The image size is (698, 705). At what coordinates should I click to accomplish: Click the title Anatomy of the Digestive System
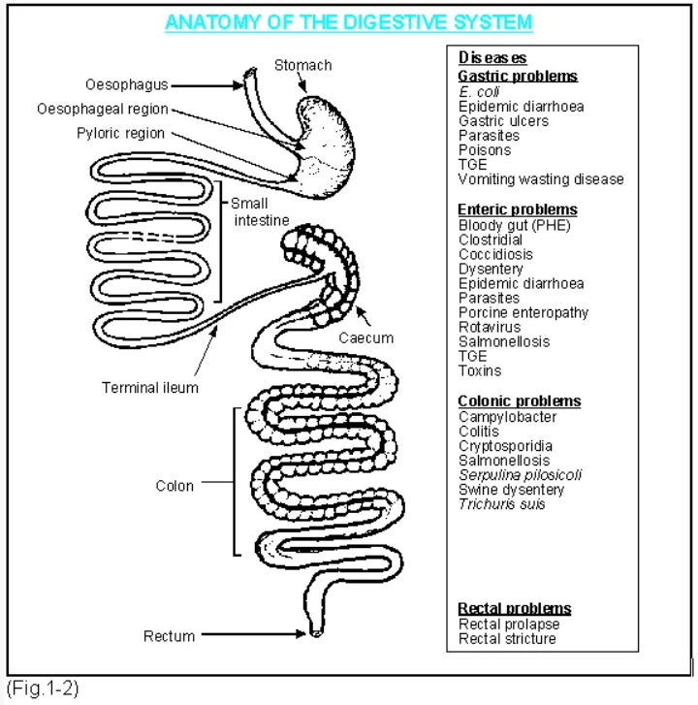pyautogui.click(x=348, y=21)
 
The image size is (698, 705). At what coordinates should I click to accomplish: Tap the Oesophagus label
pyautogui.click(x=126, y=85)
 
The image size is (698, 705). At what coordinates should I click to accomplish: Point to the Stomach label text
pyautogui.click(x=302, y=65)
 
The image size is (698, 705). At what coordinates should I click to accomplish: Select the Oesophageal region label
pyautogui.click(x=103, y=110)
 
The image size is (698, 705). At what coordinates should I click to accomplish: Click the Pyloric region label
pyautogui.click(x=121, y=133)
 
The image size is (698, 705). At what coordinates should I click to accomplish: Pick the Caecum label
pyautogui.click(x=366, y=337)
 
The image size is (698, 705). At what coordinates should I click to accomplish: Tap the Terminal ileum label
pyautogui.click(x=150, y=388)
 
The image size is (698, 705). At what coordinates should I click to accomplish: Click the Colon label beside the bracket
pyautogui.click(x=174, y=486)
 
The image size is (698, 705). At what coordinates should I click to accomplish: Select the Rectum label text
pyautogui.click(x=169, y=636)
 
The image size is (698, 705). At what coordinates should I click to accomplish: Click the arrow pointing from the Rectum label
pyautogui.click(x=254, y=636)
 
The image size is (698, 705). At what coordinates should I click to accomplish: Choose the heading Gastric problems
pyautogui.click(x=517, y=76)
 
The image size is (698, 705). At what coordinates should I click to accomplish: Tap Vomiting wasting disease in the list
pyautogui.click(x=541, y=179)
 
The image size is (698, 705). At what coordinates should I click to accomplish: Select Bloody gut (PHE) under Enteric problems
pyautogui.click(x=514, y=226)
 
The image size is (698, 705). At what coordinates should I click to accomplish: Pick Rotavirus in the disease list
pyautogui.click(x=490, y=328)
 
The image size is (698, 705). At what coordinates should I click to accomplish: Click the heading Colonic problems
pyautogui.click(x=519, y=401)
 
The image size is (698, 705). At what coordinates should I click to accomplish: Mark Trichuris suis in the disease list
pyautogui.click(x=501, y=504)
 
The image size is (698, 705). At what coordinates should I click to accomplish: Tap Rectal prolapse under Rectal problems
pyautogui.click(x=509, y=625)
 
